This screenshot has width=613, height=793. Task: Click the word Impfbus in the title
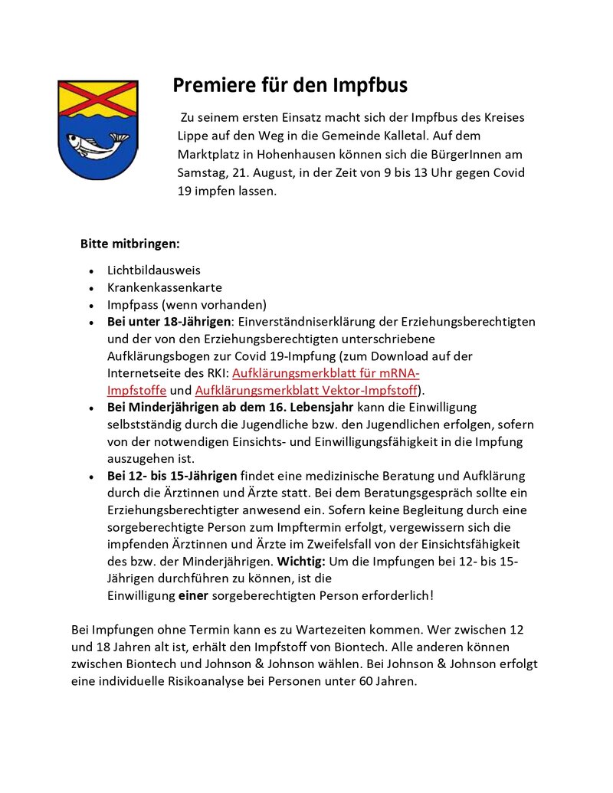coord(370,85)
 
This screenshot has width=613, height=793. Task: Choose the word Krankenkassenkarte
coord(165,287)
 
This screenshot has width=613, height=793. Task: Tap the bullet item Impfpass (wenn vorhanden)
coord(187,304)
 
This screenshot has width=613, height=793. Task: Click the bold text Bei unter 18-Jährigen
coord(169,322)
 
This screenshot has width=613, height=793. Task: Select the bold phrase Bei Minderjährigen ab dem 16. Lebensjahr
coord(231,407)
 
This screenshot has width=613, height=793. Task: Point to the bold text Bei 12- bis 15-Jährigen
coord(172,476)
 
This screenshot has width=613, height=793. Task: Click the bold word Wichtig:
coord(301,561)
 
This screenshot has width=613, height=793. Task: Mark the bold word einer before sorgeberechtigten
coord(193,595)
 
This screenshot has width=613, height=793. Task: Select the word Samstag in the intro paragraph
coord(201,172)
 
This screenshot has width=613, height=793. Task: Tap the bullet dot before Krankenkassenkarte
coord(91,288)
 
